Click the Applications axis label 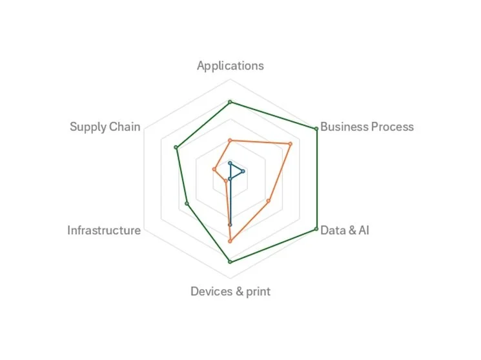(230, 66)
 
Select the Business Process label (367, 126)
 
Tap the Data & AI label (345, 230)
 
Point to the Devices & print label (230, 292)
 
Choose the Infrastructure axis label (104, 230)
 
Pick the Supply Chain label (105, 126)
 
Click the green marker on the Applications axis (230, 102)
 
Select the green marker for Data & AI (316, 228)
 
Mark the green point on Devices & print (230, 261)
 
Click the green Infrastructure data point (187, 204)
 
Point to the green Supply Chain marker (176, 148)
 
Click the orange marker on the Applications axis (230, 140)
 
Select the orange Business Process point (290, 144)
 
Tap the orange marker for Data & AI (269, 201)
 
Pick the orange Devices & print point (230, 241)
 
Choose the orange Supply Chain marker (214, 170)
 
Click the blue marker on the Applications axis (230, 164)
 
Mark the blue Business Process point (243, 172)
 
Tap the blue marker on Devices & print (230, 225)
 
